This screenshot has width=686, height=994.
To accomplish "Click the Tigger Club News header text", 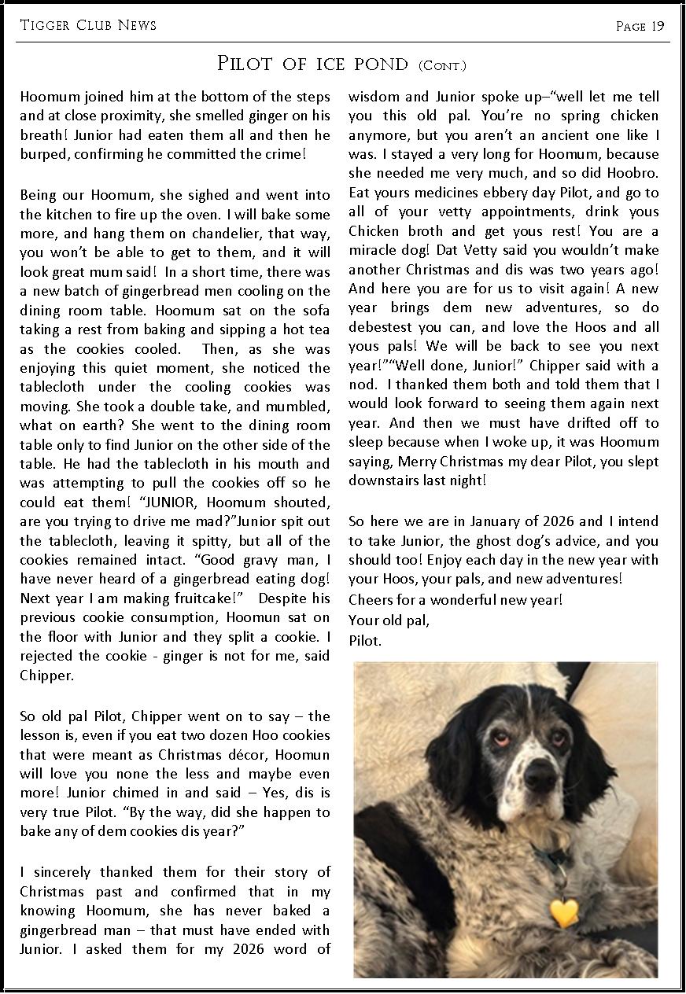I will [88, 25].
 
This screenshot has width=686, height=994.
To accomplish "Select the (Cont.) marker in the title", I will [443, 65].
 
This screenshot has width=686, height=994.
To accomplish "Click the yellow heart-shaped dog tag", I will [563, 911].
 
